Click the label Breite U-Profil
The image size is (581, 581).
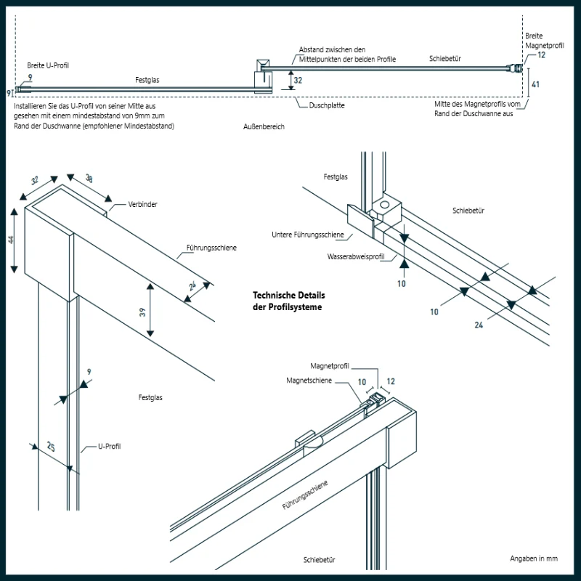(48, 65)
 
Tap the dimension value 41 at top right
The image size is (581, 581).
(535, 84)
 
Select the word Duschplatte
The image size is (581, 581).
(327, 105)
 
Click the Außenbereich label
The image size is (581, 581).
(264, 126)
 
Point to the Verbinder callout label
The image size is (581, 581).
(142, 205)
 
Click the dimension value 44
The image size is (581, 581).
(11, 240)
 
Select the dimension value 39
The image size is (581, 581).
(142, 312)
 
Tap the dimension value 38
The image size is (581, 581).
(89, 178)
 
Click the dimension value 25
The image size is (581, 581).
(51, 447)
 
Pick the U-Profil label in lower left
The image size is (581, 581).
(110, 447)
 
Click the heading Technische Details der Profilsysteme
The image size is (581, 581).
(289, 301)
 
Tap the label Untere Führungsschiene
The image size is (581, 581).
(307, 235)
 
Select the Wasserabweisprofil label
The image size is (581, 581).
(356, 257)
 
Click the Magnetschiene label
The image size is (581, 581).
(309, 381)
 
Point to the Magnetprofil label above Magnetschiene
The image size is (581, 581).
(330, 366)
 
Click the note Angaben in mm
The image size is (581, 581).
(534, 558)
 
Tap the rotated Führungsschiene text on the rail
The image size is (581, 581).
(305, 495)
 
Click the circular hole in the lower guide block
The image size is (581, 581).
(385, 205)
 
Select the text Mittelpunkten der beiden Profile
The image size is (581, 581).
(347, 60)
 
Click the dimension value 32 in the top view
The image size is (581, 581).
(298, 81)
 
